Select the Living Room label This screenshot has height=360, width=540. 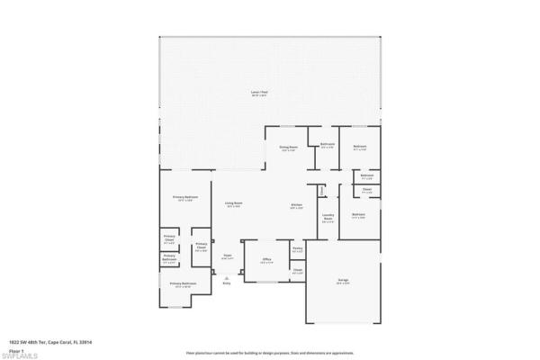[232, 204]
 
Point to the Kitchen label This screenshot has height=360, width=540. [295, 205]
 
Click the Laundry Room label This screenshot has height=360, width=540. [328, 217]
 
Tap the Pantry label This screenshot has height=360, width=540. [297, 250]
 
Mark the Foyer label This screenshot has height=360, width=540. [228, 256]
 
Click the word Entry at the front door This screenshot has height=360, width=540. [227, 283]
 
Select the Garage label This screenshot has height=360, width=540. [343, 281]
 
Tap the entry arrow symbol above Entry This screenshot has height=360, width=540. [226, 277]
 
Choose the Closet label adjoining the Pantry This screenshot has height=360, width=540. [297, 270]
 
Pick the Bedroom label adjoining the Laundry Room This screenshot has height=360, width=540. [358, 214]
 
